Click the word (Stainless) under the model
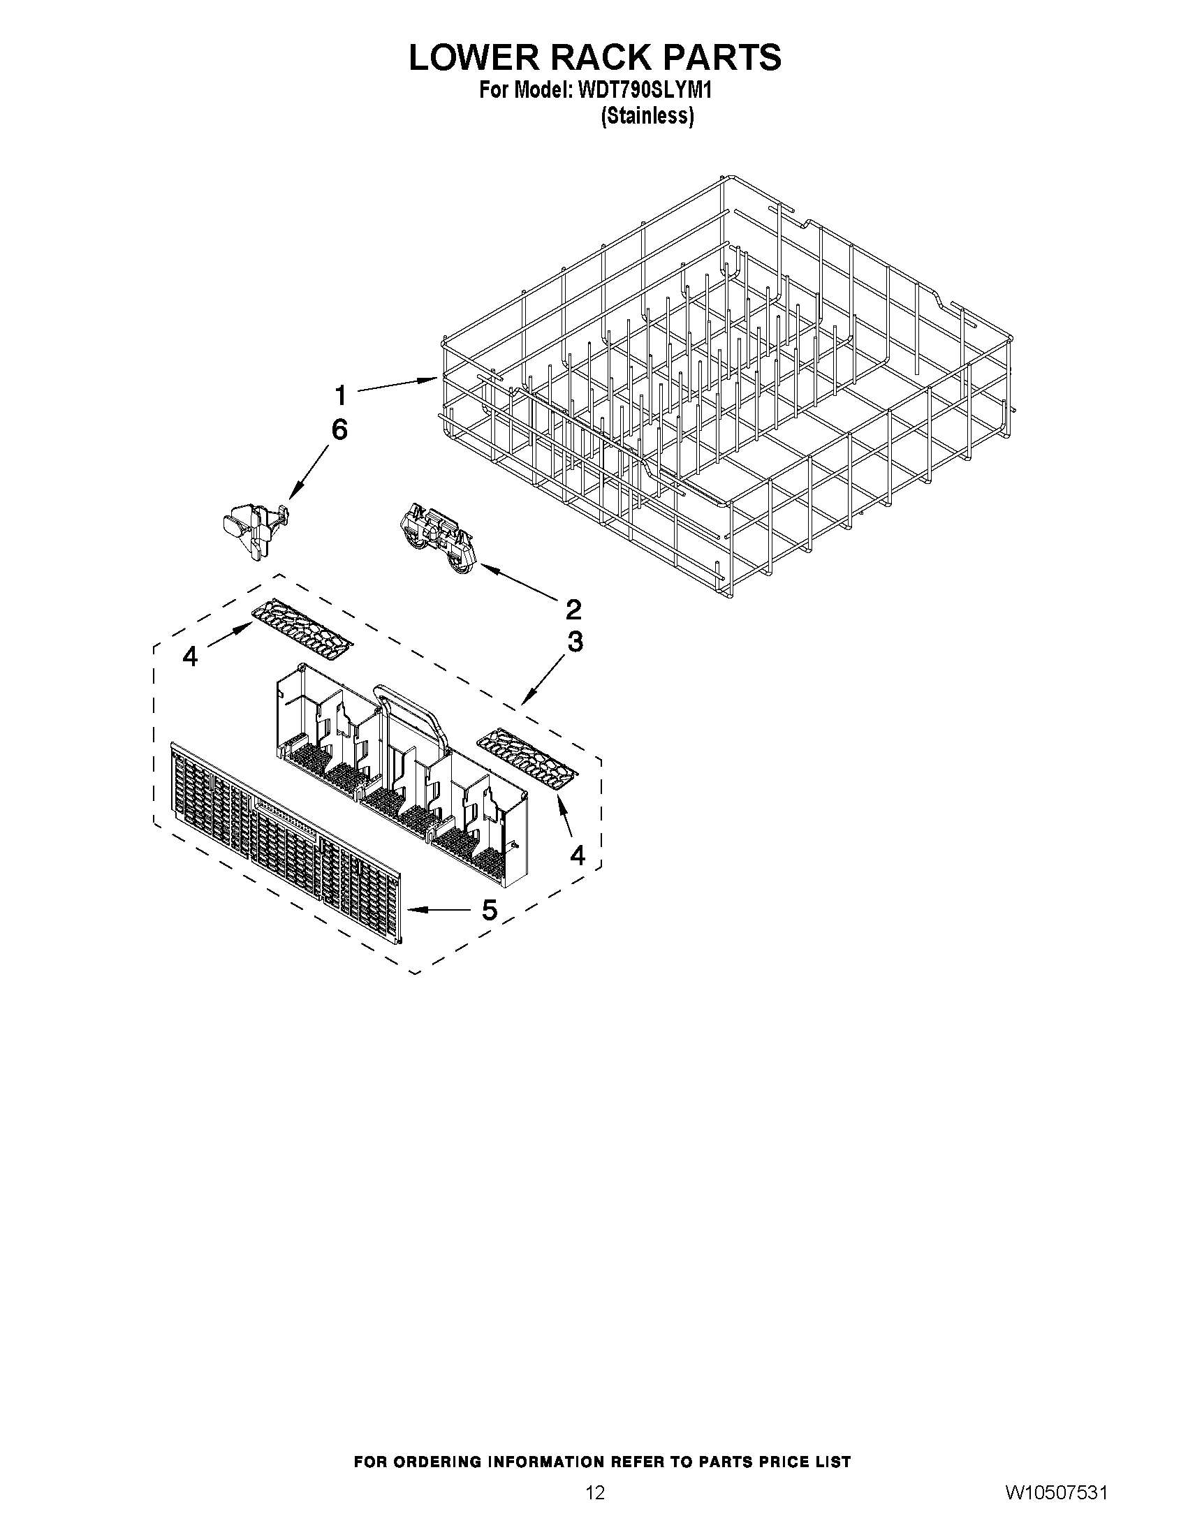click(x=647, y=115)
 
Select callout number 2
click(x=573, y=609)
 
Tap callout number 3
click(x=575, y=642)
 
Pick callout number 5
click(x=489, y=910)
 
